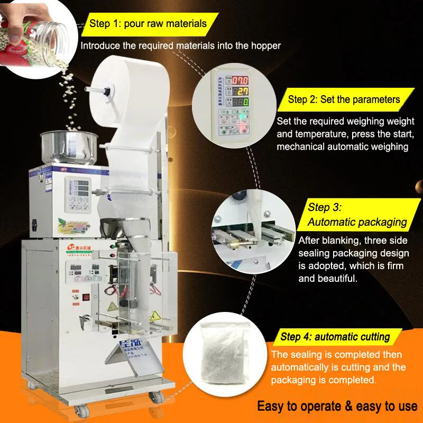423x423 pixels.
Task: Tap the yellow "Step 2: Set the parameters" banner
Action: tap(344, 99)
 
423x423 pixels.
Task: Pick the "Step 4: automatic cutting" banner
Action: tap(335, 336)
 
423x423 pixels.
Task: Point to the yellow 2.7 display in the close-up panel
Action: tap(241, 91)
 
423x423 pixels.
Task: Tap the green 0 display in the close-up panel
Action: tap(241, 101)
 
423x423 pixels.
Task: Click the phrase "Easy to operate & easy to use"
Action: tap(337, 406)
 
